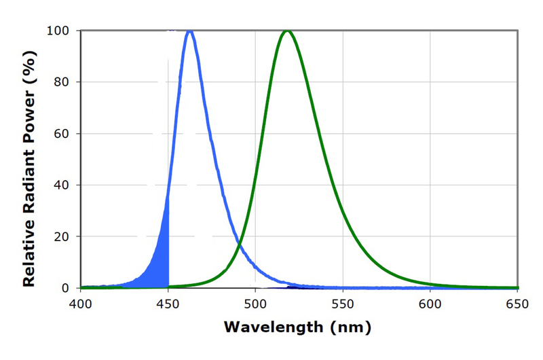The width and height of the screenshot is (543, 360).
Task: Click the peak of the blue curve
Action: [189, 31]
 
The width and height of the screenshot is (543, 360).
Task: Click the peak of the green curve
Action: [287, 31]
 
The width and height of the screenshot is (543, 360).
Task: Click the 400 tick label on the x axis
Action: [81, 303]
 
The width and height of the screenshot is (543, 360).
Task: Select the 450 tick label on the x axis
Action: [168, 303]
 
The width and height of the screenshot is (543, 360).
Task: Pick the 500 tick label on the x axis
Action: [255, 303]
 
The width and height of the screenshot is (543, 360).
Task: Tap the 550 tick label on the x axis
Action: [343, 303]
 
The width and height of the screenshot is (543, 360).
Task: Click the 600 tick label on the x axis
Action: [430, 303]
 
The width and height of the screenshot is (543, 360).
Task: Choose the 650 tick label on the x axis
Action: [517, 303]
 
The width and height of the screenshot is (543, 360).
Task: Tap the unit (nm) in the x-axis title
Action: [350, 327]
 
